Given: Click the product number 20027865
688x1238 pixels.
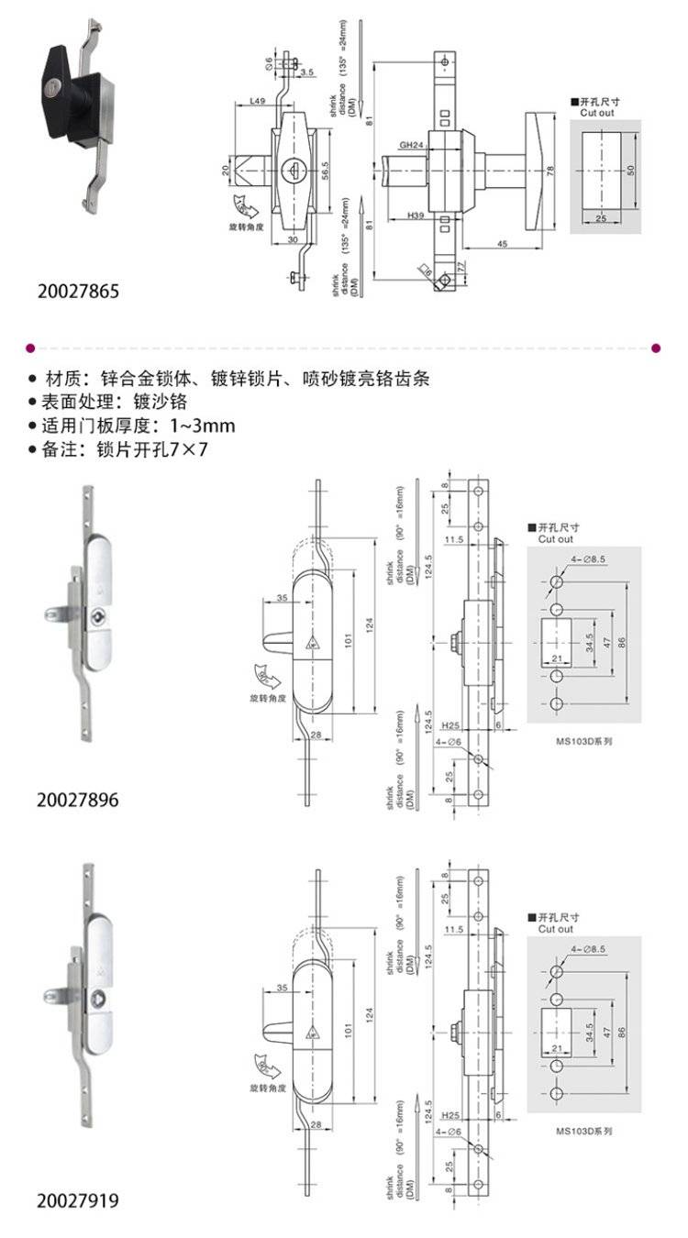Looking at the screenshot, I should point(78,292).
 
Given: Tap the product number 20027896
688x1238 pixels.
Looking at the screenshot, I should point(78,800).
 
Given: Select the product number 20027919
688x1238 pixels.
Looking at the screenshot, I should point(78,1199).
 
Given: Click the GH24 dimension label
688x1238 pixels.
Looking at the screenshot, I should point(411,145).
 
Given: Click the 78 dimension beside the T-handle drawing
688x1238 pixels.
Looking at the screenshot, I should point(549,171).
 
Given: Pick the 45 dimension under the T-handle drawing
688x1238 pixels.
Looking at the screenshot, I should point(504,243).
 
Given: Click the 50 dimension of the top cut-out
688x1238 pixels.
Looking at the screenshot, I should point(631,171).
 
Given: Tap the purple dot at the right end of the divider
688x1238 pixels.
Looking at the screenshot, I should point(655,348).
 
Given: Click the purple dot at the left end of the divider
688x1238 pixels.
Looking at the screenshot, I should point(31,348).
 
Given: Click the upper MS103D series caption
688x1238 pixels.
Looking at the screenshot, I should point(583,740).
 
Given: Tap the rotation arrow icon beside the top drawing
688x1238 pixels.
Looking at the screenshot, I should point(245,206).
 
